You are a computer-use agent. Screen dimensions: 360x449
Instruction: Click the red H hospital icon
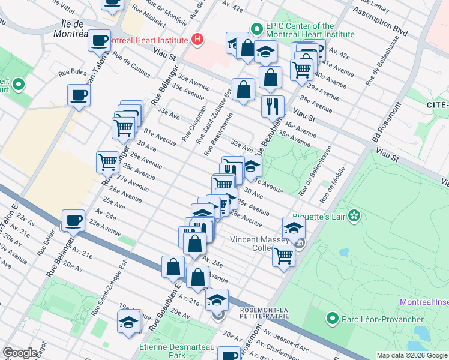(197, 40)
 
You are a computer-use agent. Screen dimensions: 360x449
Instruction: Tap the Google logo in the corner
(20, 353)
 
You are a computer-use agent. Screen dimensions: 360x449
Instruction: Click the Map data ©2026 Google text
(411, 355)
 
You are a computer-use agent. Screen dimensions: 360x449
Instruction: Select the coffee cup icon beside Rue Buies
(79, 95)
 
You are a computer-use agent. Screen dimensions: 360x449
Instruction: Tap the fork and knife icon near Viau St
(273, 106)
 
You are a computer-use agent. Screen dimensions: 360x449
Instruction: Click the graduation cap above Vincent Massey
(294, 227)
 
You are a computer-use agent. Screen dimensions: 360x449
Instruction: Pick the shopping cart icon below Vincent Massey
(283, 255)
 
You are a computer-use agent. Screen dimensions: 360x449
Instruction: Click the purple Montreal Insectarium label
(424, 302)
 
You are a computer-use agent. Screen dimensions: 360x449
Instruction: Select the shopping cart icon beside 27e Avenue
(107, 161)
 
